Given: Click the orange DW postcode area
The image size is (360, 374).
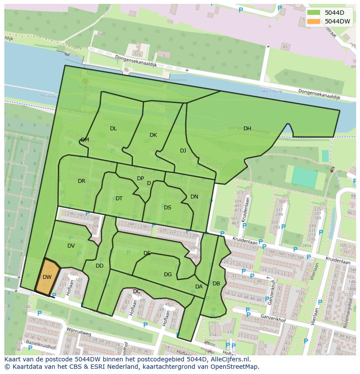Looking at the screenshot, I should [x=47, y=277].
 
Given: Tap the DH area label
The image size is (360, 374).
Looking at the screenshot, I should [x=247, y=128].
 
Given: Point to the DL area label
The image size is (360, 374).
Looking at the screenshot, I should [x=113, y=128].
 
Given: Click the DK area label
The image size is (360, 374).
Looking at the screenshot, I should [x=153, y=135].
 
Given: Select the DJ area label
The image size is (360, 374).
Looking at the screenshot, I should [x=183, y=151].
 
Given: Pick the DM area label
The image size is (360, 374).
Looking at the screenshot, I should [x=85, y=140].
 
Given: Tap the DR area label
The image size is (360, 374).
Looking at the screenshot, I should [x=81, y=181].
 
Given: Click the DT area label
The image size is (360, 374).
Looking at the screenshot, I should [x=119, y=199].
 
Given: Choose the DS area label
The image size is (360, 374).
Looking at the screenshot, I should [x=167, y=208].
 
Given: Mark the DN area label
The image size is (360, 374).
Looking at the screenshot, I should [x=194, y=197].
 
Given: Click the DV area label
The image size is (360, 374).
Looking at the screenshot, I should [x=71, y=246].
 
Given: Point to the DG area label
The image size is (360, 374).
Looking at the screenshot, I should [x=168, y=275].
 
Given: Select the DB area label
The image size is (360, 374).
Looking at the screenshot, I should [x=216, y=284].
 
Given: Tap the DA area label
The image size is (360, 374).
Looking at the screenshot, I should [x=199, y=287].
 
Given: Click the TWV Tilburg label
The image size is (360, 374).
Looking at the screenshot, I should [x=271, y=92].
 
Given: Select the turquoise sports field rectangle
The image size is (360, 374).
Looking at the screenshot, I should [x=304, y=177].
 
